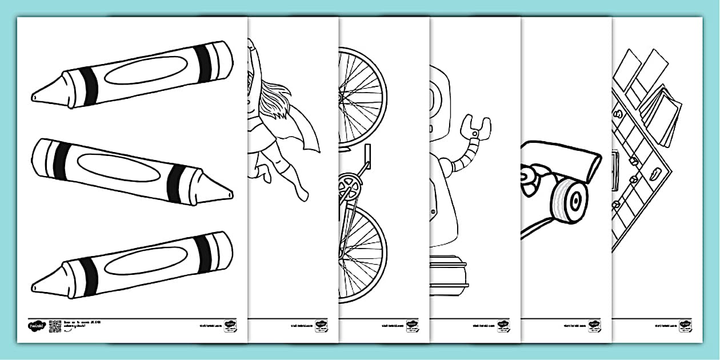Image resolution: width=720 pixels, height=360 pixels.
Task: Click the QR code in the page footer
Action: pyautogui.click(x=55, y=326)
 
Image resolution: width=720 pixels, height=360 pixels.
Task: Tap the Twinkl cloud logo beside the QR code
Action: pyautogui.click(x=36, y=326)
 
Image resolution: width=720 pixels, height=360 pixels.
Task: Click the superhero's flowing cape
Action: pyautogui.click(x=306, y=135)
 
